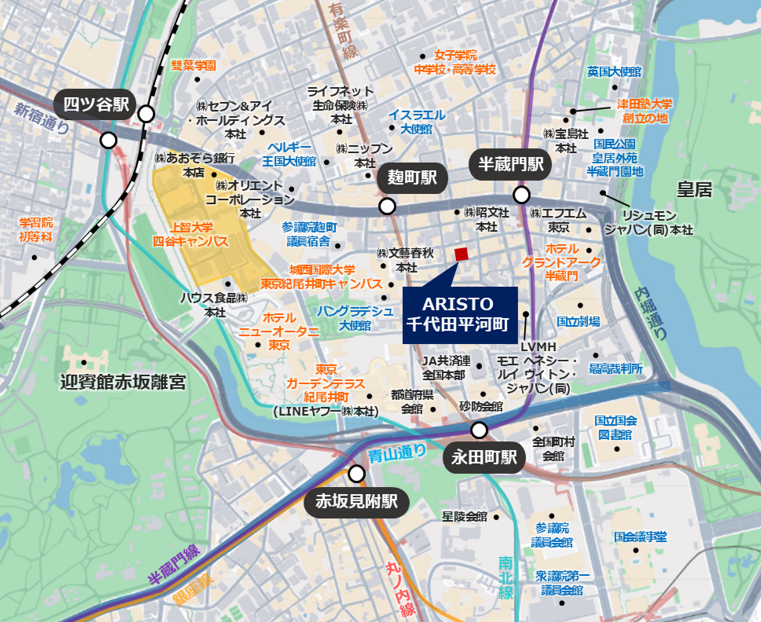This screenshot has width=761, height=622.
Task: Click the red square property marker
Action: pos(461,254)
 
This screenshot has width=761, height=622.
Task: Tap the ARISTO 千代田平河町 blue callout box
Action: pos(460,315)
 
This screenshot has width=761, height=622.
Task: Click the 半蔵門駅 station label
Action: pos(511,165)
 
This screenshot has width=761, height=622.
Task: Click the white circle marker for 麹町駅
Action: pos(387,206)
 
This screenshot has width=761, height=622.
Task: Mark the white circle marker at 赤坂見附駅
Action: pos(357,473)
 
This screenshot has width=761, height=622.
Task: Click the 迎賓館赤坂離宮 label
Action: pos(123,382)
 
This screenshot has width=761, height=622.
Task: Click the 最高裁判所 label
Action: pos(616,369)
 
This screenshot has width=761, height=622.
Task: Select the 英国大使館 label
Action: pos(614,72)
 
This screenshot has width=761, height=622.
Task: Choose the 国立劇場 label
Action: pos(578,322)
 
